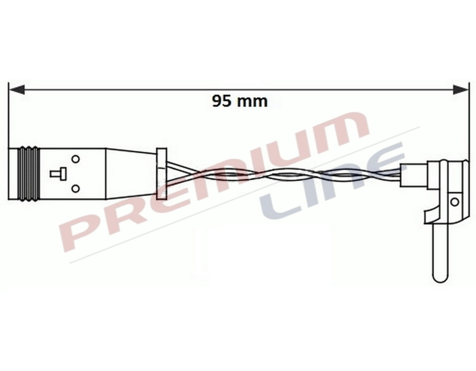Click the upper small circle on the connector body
76,159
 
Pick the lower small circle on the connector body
76,189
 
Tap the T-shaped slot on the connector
57,173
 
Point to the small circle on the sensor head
454,201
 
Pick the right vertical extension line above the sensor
469,122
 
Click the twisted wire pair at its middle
280,175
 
